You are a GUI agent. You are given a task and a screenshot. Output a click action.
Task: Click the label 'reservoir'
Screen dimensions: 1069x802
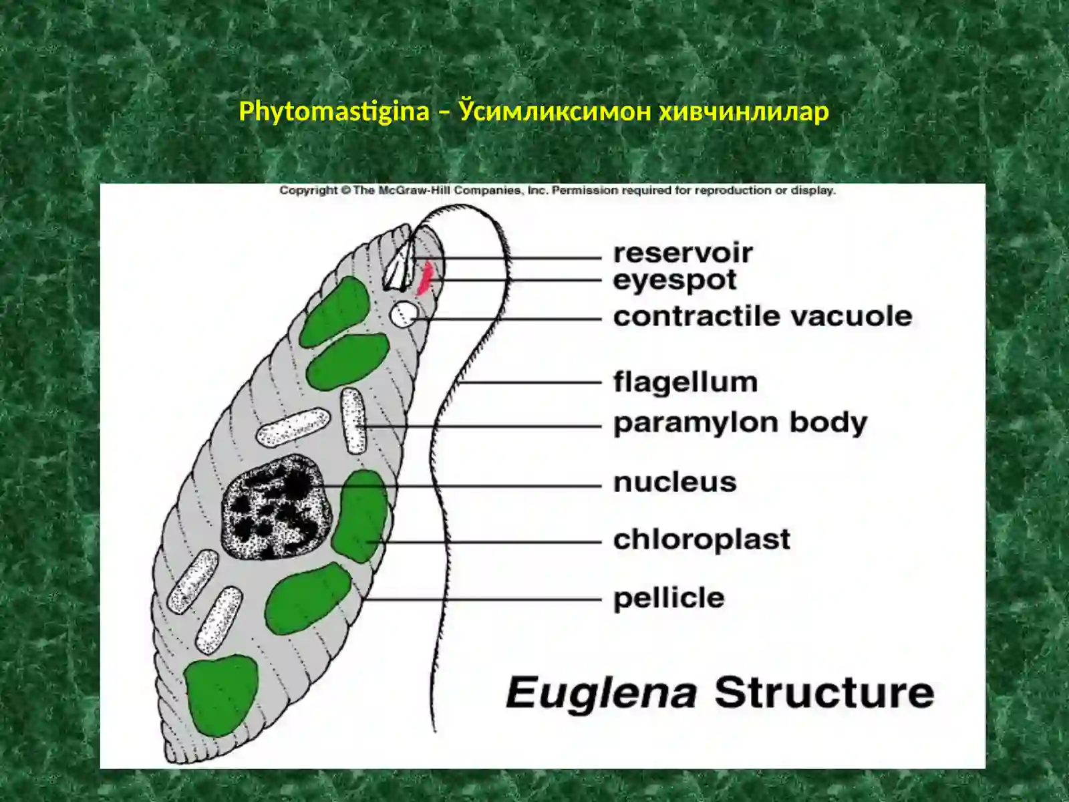[683, 253]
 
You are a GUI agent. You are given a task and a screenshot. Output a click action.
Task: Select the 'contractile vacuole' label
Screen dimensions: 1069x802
[763, 317]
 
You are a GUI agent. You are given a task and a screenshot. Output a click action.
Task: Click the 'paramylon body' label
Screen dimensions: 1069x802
[740, 423]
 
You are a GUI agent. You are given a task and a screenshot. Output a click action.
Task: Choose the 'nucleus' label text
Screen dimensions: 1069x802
[675, 483]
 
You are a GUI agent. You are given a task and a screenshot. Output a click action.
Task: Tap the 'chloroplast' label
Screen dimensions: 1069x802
[702, 540]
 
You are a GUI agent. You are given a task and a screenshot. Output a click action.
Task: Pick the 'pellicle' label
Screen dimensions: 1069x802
[669, 598]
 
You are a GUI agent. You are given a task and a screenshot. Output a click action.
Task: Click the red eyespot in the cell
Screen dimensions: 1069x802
[426, 279]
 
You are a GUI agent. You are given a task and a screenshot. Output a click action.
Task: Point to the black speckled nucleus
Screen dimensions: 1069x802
[276, 507]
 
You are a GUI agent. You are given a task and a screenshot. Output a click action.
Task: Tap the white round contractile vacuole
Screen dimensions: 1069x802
[404, 314]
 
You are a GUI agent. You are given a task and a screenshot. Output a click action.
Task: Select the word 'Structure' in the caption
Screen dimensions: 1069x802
[824, 692]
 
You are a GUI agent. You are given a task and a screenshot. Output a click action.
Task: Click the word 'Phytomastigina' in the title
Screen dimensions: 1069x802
[334, 112]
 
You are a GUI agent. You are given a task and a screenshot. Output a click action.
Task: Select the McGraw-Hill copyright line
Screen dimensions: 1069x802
[557, 190]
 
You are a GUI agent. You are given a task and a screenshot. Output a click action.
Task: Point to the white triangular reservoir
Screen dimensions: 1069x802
[398, 269]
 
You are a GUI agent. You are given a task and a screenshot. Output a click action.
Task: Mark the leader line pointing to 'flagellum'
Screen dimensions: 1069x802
[529, 383]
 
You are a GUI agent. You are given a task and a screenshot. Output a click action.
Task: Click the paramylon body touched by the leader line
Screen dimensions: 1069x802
[353, 421]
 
